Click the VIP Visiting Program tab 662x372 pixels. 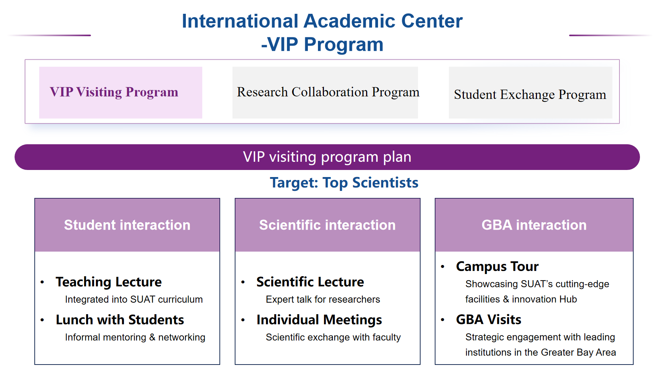pos(121,92)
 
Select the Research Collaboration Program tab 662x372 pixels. pos(325,92)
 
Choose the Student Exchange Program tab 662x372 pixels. pos(530,92)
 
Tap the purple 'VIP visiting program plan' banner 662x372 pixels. pos(327,157)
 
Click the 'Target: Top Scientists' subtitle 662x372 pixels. pos(344,183)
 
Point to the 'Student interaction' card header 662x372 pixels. pos(127,225)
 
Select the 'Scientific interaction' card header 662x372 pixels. pos(328,225)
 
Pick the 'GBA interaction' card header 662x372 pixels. pos(534,225)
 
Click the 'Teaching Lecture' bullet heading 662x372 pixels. pos(109,282)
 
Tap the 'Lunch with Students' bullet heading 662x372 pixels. pos(120,320)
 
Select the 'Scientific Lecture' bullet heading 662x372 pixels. pos(310,282)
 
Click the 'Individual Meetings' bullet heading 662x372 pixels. pos(319,320)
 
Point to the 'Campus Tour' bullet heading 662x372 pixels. pos(497,267)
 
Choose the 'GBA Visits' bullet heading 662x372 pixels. pos(488,319)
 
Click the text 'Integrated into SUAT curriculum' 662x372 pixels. pos(134,299)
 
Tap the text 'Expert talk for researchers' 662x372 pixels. pos(323,299)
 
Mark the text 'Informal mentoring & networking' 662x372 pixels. pos(135,337)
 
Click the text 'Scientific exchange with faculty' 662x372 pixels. pos(333,337)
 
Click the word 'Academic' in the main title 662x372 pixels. pos(349,21)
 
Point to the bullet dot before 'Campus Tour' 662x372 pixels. pos(443,267)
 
